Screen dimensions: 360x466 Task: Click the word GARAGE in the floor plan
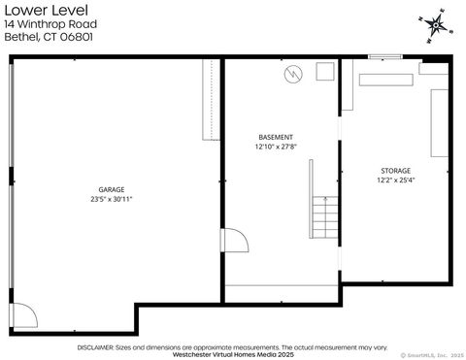111,189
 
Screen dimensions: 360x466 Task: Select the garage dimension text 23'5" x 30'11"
111,200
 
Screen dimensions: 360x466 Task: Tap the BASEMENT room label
276,137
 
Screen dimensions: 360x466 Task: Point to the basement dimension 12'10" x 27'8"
276,147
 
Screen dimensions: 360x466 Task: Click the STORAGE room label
394,170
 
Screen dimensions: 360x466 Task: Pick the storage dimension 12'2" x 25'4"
394,180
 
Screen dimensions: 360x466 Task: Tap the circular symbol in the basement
292,74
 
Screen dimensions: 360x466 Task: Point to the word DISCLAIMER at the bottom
96,345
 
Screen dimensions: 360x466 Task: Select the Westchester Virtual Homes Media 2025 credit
233,354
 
